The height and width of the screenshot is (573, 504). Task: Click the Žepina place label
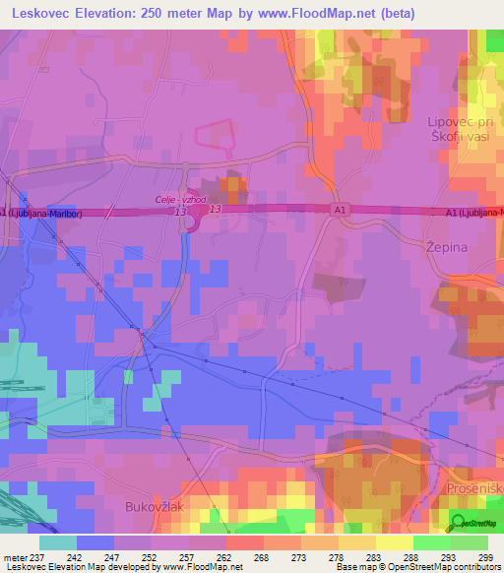click(446, 247)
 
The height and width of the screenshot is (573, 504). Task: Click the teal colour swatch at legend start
click(58, 542)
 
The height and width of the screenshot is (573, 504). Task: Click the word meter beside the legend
click(17, 557)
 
